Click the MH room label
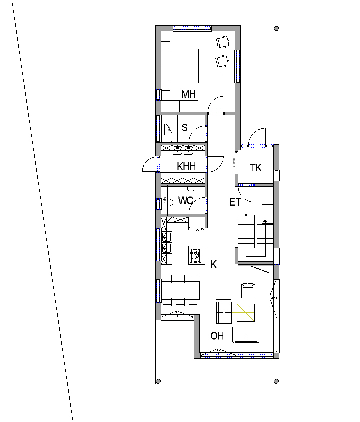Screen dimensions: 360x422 [188, 94]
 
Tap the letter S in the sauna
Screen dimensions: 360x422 [184, 128]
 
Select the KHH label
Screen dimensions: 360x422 [186, 166]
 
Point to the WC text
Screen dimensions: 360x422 [186, 201]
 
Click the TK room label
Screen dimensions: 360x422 [256, 168]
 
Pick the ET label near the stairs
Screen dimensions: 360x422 [235, 202]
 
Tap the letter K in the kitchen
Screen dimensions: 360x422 [213, 264]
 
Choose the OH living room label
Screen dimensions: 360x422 [217, 336]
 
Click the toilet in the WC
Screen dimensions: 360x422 [167, 202]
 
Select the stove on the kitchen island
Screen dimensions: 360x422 [197, 255]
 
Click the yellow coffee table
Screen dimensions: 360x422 [246, 313]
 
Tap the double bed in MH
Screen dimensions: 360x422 [180, 66]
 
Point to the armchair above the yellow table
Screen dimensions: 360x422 [248, 291]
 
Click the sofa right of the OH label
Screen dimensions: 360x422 [246, 335]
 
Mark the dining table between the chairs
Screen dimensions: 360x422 [181, 290]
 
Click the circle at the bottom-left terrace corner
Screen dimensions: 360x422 [158, 381]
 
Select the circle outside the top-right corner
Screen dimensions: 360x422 [276, 28]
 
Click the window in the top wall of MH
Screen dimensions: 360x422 [192, 28]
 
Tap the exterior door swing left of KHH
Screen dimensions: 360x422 [150, 164]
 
